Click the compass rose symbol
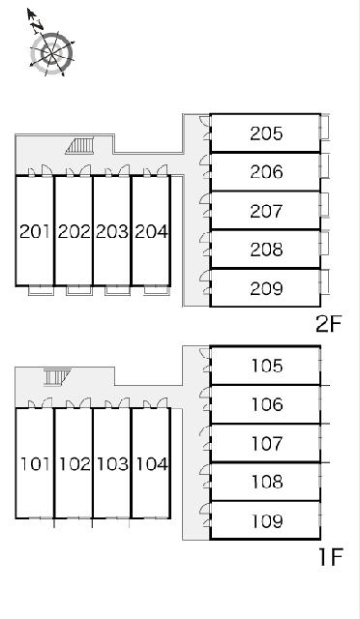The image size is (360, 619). tap(51, 53)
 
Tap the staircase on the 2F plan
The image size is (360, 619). tap(80, 145)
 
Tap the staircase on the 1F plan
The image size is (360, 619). tap(57, 376)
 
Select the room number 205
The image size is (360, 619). tap(266, 133)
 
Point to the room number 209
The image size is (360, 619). tap(266, 288)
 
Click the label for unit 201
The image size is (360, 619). tap(35, 231)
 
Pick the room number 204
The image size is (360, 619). tap(151, 231)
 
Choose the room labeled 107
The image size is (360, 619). tap(267, 443)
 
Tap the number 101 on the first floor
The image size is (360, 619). tap(36, 464)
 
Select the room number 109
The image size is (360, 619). tap(267, 521)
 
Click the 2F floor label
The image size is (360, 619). tap(328, 324)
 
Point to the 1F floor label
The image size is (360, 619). tap(330, 557)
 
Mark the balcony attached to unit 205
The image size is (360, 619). tap(324, 127)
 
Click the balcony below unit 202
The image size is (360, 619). tap(79, 290)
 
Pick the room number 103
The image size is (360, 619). tap(112, 464)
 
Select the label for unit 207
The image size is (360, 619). tap(266, 211)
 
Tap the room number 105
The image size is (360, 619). tap(267, 366)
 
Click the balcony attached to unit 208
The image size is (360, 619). tap(324, 243)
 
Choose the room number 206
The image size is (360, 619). tap(266, 172)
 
